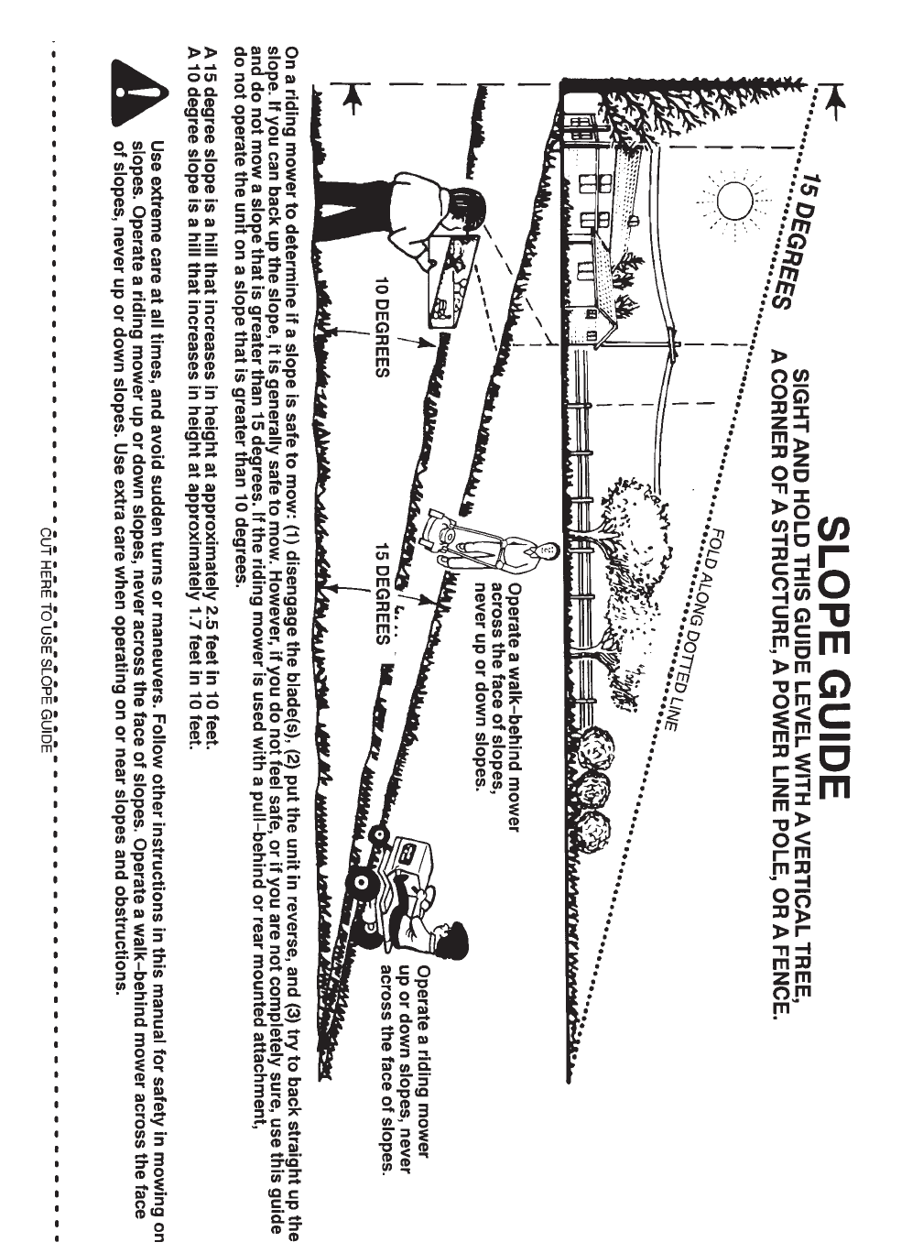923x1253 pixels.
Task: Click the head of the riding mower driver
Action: click(455, 939)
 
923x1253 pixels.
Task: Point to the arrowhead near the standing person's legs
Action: click(351, 97)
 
